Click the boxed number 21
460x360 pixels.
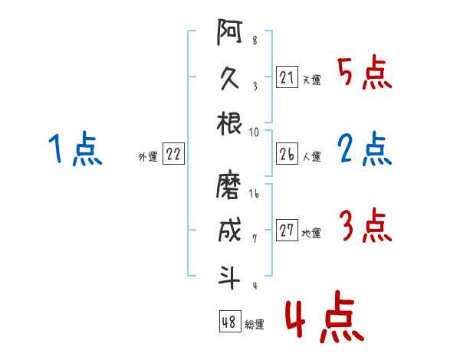(x=287, y=77)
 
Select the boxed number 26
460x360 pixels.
(x=287, y=155)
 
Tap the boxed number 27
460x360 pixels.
(x=287, y=231)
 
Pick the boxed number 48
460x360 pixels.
(x=229, y=322)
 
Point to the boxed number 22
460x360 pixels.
(x=173, y=155)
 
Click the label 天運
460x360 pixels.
(x=311, y=80)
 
